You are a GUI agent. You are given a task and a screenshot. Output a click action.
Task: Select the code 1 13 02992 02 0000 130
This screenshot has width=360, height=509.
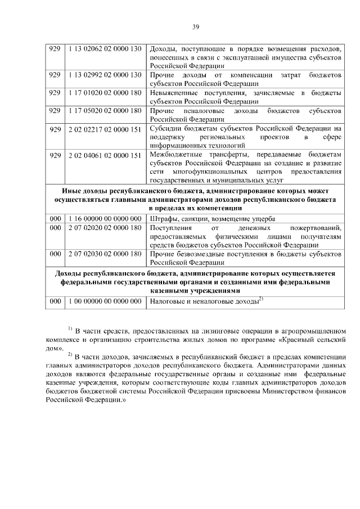point(104,75)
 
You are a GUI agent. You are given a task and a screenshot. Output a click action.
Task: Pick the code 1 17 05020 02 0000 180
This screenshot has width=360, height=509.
point(104,111)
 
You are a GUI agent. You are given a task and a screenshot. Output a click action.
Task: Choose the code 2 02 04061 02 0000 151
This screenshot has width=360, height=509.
point(104,156)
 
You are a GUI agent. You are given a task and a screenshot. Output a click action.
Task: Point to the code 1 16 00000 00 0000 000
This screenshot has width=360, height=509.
point(104,219)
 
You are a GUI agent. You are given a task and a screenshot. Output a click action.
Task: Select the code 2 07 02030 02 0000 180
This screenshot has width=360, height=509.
point(104,254)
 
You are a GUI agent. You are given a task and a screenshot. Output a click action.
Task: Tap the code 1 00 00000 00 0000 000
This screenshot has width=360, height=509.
point(104,302)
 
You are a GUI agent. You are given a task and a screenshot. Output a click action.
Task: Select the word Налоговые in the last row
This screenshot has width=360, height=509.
point(168,303)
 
